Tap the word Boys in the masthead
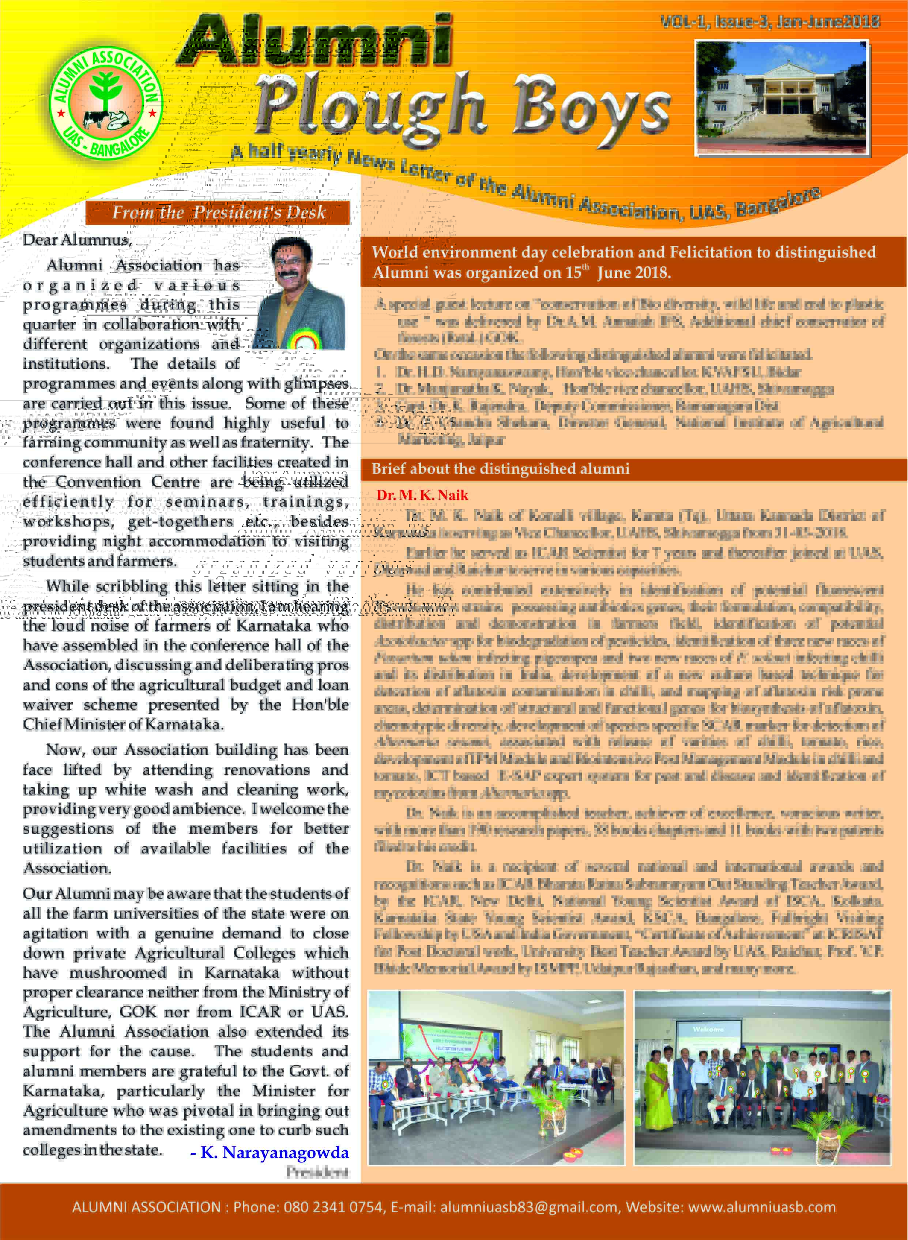point(591,107)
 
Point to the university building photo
point(781,97)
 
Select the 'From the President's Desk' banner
point(218,212)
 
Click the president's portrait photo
point(301,294)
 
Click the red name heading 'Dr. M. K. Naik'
point(422,495)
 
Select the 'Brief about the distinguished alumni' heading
point(500,469)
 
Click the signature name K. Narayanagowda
point(274,1152)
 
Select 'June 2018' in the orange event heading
point(634,273)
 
